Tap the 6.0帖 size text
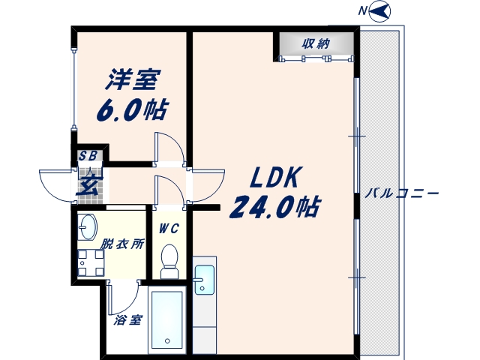pyautogui.click(x=131, y=110)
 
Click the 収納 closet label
pyautogui.click(x=316, y=43)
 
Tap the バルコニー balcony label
pyautogui.click(x=401, y=193)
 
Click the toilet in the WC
pyautogui.click(x=169, y=259)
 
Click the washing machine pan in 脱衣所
pyautogui.click(x=90, y=262)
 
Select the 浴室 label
pyautogui.click(x=128, y=320)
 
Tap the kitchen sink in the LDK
pyautogui.click(x=203, y=283)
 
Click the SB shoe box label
pyautogui.click(x=88, y=156)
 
